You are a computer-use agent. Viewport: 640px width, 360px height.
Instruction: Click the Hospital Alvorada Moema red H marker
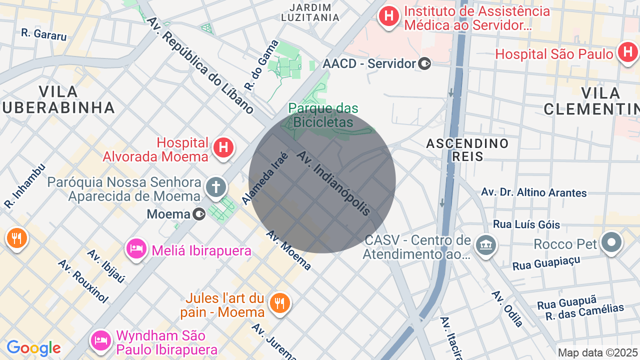223,147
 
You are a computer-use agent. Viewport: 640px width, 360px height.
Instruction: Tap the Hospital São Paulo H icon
627,52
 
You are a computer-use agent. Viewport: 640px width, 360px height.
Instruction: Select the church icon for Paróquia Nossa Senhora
216,187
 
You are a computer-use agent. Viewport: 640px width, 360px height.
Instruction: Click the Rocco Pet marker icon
611,242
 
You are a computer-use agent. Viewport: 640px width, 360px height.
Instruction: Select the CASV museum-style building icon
485,244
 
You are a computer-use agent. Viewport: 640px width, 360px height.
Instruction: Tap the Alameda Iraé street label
265,178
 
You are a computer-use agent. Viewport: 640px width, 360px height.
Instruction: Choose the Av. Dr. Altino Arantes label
533,192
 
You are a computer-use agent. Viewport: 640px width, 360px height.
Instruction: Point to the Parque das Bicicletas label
323,115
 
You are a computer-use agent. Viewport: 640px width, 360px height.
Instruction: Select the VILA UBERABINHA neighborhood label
58,99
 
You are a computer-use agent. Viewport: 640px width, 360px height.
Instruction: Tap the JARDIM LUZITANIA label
310,12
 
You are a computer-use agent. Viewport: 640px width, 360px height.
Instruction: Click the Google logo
33,348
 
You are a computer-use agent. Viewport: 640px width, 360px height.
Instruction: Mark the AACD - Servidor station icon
424,63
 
